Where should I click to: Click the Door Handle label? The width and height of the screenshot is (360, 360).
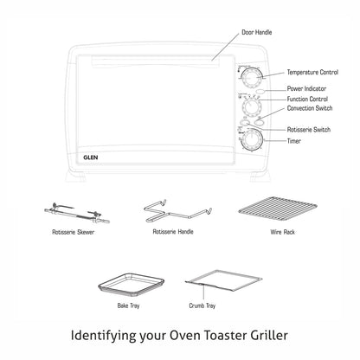pyautogui.click(x=256, y=32)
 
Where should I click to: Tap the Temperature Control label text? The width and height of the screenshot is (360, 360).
pyautogui.click(x=312, y=72)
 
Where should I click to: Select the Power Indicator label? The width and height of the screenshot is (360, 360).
pyautogui.click(x=306, y=88)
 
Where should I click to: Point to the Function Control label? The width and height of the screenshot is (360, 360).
pyautogui.click(x=307, y=99)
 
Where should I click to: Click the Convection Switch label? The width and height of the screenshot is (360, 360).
pyautogui.click(x=310, y=108)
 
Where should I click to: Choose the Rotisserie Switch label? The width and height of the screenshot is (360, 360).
pyautogui.click(x=309, y=130)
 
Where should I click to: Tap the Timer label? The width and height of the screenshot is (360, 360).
pyautogui.click(x=293, y=141)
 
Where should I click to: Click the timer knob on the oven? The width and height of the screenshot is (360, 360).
pyautogui.click(x=252, y=140)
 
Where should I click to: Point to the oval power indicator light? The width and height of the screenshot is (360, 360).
pyautogui.click(x=260, y=92)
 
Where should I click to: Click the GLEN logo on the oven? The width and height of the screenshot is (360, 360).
pyautogui.click(x=91, y=157)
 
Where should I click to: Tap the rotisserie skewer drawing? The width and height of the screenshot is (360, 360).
pyautogui.click(x=77, y=214)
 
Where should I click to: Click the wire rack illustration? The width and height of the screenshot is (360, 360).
pyautogui.click(x=278, y=209)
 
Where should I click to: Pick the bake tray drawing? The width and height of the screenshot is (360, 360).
pyautogui.click(x=131, y=285)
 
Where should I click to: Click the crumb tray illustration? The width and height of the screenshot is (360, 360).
pyautogui.click(x=223, y=280)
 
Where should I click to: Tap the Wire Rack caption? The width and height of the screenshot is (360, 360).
pyautogui.click(x=282, y=232)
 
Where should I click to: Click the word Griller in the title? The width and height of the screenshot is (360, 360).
pyautogui.click(x=269, y=335)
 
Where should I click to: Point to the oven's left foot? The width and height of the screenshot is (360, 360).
pyautogui.click(x=75, y=177)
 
